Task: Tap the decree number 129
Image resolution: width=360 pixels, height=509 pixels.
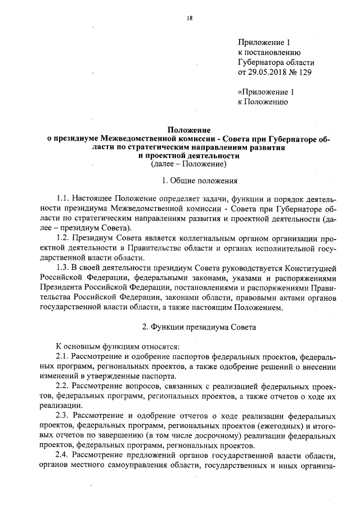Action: tap(304, 72)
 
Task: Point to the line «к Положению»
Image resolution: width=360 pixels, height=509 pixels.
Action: tap(264, 102)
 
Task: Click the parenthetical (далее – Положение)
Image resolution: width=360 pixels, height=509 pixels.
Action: tap(188, 164)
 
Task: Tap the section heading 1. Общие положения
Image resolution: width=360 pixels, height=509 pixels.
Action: tap(200, 181)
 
